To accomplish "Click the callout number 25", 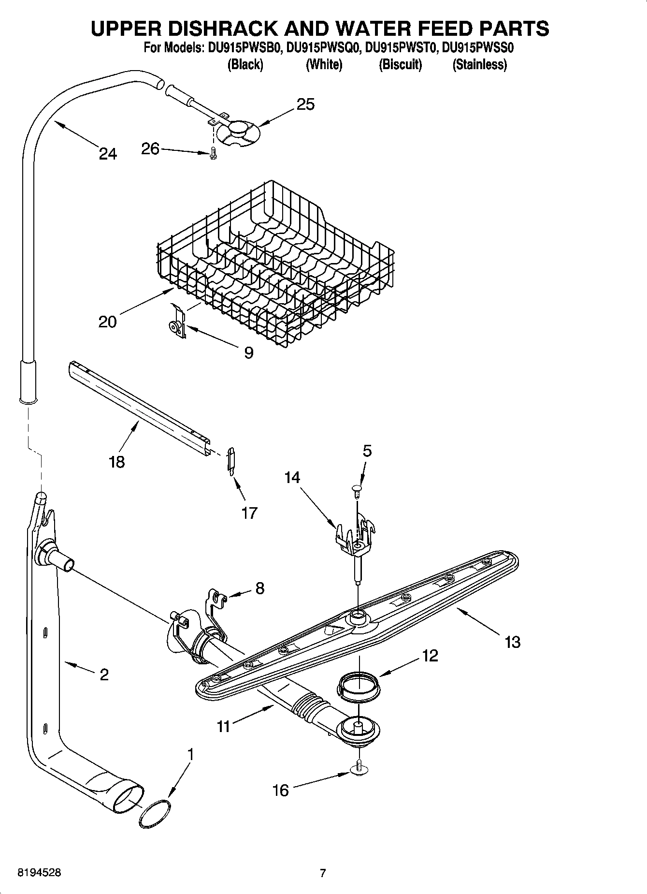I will click(305, 104).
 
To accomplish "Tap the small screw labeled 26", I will click(213, 154).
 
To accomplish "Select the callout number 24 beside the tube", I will click(108, 154).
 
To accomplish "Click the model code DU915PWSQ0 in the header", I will click(323, 48).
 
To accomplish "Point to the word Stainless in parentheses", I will click(479, 64).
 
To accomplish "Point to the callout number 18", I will click(117, 461).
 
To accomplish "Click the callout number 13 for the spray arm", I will click(512, 642).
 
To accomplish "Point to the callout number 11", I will click(223, 726).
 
